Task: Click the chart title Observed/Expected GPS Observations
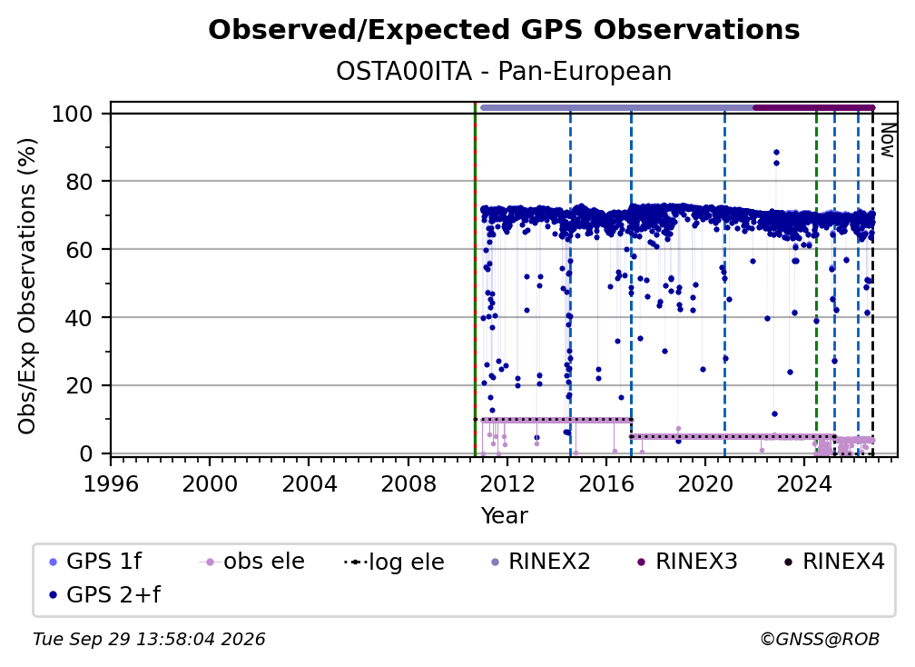(504, 30)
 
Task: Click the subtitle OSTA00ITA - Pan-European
(504, 72)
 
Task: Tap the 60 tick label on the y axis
(80, 249)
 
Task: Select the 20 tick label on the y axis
(80, 385)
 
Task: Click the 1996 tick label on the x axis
(111, 484)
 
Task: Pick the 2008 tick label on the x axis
(408, 484)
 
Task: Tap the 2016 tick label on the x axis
(605, 484)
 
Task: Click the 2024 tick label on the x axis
(803, 484)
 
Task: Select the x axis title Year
(504, 516)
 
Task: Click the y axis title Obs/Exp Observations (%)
(27, 285)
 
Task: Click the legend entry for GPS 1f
(95, 562)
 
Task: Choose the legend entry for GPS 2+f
(105, 595)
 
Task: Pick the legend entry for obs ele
(252, 562)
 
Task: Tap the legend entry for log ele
(395, 562)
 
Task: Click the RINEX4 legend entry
(834, 562)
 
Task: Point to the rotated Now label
(887, 140)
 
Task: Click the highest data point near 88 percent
(776, 153)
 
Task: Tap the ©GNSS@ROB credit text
(820, 640)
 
